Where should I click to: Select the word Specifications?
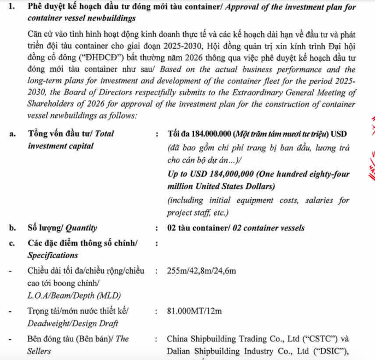click(x=52, y=256)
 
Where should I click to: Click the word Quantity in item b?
click(x=81, y=228)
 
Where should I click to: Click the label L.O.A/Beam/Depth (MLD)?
click(x=70, y=296)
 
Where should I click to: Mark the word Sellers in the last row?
click(x=39, y=352)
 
